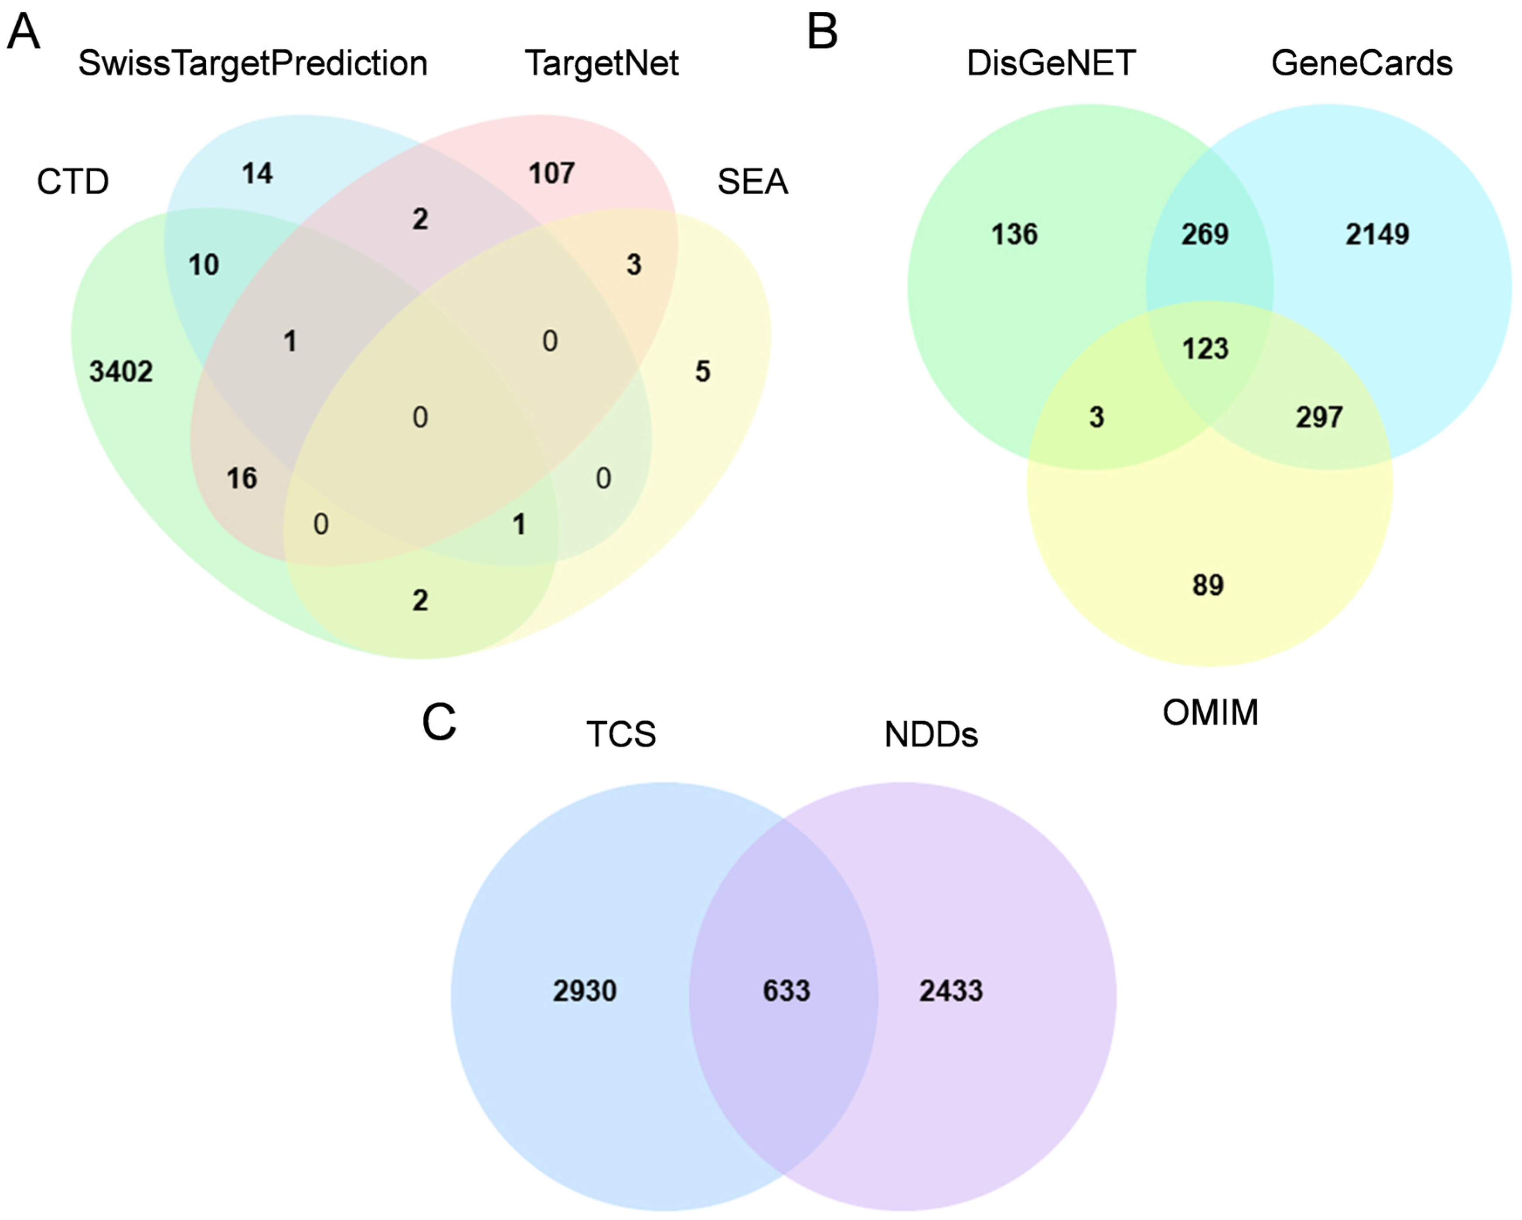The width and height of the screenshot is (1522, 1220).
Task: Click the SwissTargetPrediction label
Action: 253,64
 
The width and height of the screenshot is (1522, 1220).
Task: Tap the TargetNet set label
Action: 602,64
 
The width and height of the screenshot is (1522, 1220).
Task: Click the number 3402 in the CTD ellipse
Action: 121,371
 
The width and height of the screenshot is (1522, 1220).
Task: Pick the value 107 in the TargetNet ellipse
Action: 552,173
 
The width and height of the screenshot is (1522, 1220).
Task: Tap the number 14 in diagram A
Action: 257,173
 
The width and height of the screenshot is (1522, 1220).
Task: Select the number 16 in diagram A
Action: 242,479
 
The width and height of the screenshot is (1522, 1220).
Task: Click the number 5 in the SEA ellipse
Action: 702,371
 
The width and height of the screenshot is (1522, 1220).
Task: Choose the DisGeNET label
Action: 1050,64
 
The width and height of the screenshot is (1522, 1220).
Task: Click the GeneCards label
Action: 1362,64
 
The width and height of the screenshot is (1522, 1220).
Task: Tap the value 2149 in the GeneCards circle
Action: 1376,235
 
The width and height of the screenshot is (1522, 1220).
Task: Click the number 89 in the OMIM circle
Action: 1208,585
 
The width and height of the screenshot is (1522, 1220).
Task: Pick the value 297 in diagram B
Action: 1319,417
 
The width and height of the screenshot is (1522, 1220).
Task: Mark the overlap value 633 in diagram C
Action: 787,991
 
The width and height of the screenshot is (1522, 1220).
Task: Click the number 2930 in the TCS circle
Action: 585,991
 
